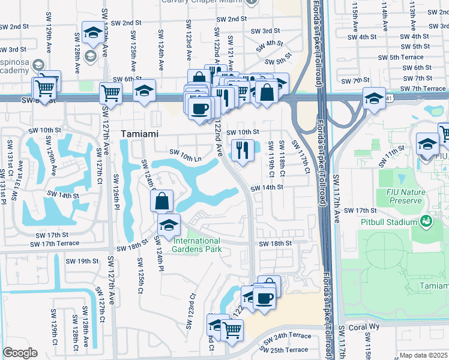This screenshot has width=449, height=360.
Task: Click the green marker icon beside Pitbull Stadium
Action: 426,222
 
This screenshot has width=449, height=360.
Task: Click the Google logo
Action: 20,353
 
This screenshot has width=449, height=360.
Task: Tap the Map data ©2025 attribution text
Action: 423,355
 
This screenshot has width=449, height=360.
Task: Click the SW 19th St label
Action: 82,261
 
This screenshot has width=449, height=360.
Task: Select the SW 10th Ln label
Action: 185,158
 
